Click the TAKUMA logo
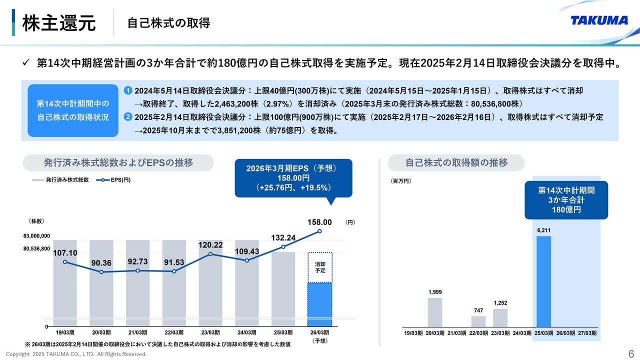pyautogui.click(x=599, y=20)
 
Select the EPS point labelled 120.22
pyautogui.click(x=211, y=254)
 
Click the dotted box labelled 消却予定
pyautogui.click(x=320, y=267)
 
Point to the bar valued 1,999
pyautogui.click(x=435, y=312)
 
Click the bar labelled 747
pyautogui.click(x=478, y=321)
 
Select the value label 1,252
pyautogui.click(x=500, y=303)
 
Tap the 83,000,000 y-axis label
pyautogui.click(x=36, y=235)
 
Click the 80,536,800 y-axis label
pyautogui.click(x=36, y=248)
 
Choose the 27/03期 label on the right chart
pyautogui.click(x=587, y=333)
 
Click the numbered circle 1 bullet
pyautogui.click(x=128, y=90)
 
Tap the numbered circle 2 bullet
pyautogui.click(x=128, y=117)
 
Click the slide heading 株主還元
pyautogui.click(x=59, y=22)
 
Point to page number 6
pyautogui.click(x=630, y=353)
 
